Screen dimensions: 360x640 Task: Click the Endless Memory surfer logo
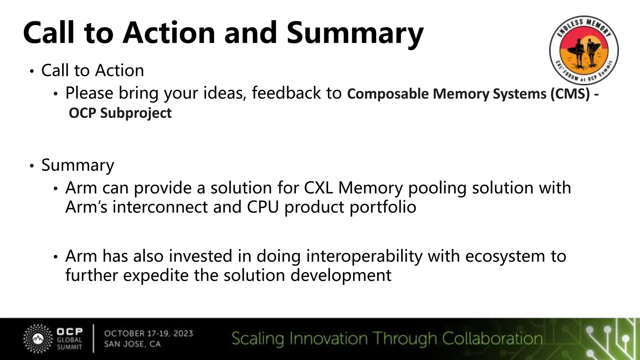coord(584,50)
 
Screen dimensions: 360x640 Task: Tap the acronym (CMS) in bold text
coord(570,94)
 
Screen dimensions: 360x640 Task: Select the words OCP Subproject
coord(120,113)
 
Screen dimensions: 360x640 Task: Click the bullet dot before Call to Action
coord(32,72)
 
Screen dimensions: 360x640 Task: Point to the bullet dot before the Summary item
coord(32,166)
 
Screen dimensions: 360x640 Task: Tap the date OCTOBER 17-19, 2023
coord(148,333)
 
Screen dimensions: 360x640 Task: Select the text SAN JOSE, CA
coord(132,344)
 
